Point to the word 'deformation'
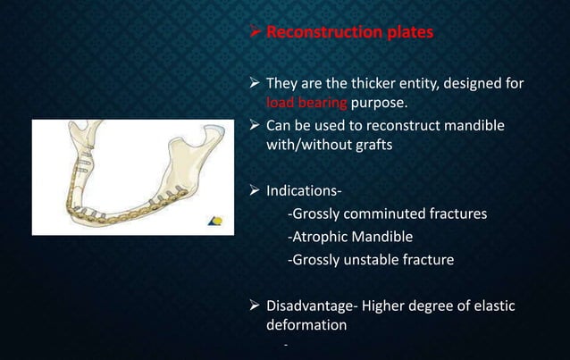(306, 325)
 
